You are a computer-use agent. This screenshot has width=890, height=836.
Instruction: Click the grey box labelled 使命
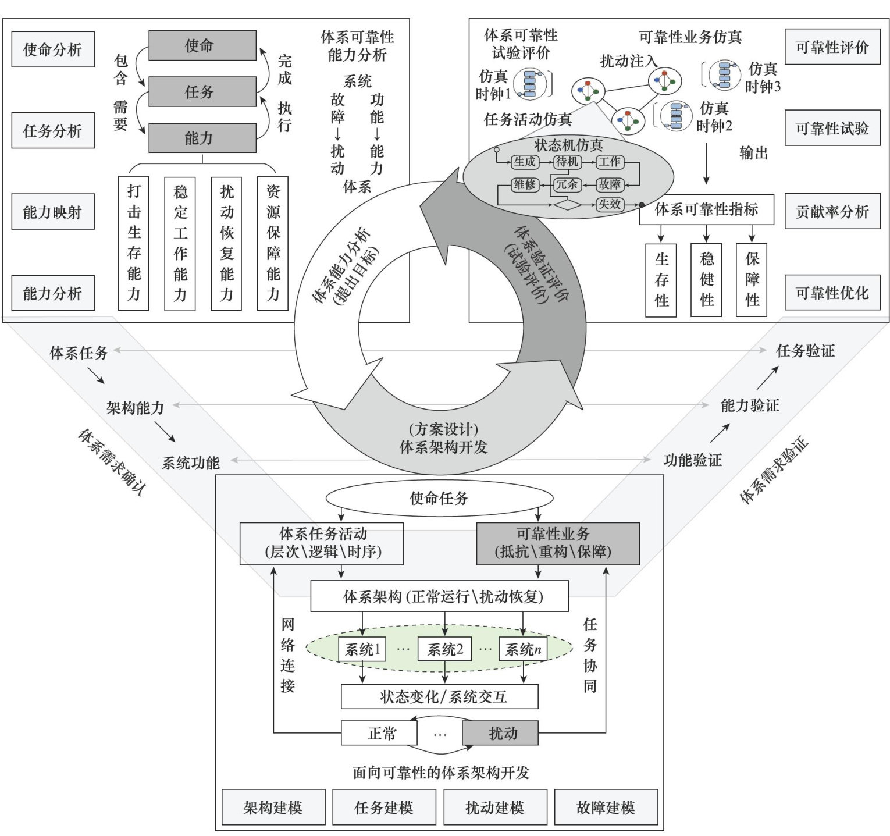click(x=202, y=45)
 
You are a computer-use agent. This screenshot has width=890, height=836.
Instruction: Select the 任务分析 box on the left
click(x=52, y=130)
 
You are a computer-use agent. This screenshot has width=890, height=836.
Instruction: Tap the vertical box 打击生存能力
click(x=134, y=243)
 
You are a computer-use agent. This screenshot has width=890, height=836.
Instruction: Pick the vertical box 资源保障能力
click(x=273, y=243)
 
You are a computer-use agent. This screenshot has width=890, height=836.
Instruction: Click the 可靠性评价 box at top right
click(x=832, y=47)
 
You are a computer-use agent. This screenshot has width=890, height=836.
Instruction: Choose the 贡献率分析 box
click(x=832, y=211)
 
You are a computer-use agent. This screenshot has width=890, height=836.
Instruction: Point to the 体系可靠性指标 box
click(x=706, y=209)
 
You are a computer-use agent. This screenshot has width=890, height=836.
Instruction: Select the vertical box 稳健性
click(x=706, y=280)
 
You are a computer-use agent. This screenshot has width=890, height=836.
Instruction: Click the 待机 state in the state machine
click(x=567, y=162)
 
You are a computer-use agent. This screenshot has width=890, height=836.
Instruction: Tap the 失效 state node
click(x=610, y=204)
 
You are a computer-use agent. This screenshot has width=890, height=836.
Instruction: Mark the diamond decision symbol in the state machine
click(x=567, y=205)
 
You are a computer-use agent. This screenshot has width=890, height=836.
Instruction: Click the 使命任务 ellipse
click(x=439, y=498)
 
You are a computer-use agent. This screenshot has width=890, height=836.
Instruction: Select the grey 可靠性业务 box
click(x=557, y=543)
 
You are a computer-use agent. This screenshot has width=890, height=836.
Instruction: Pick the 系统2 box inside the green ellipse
click(x=445, y=649)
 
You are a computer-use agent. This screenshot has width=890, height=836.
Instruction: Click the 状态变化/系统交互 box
click(x=439, y=696)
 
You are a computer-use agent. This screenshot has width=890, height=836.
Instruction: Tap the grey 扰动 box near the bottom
click(x=500, y=733)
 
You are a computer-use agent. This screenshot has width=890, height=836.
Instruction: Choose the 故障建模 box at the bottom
click(x=606, y=807)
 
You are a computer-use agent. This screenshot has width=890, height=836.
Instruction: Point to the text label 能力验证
click(x=749, y=405)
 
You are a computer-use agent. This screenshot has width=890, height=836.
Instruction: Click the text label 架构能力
click(x=135, y=408)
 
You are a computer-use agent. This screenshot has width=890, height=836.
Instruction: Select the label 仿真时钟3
click(x=763, y=77)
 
